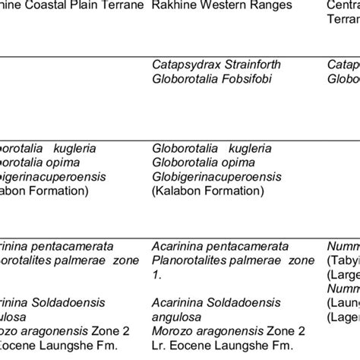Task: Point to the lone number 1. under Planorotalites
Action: click(156, 273)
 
